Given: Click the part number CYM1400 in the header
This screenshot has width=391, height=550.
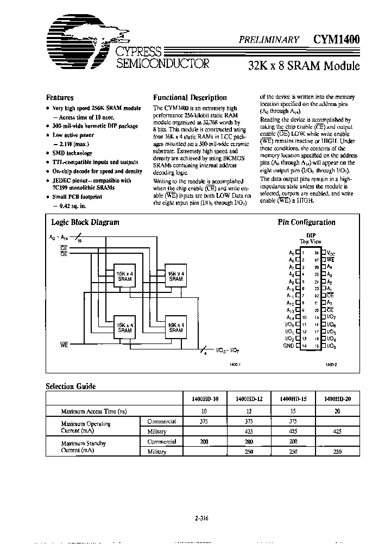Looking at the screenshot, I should pos(336,39).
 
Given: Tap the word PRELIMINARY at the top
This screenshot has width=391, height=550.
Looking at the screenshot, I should pos(269,40).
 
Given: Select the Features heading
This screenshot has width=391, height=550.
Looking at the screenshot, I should pos(60,98).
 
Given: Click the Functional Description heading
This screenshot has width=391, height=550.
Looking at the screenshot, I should pos(190,98).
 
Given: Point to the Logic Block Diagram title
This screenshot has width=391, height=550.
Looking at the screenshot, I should pos(85,222).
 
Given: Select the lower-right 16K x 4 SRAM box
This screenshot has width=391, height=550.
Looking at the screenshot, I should pos(176,327).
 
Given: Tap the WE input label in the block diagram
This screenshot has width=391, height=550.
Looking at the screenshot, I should pos(64,345).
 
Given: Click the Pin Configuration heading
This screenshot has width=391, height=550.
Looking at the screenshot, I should pos(306,222).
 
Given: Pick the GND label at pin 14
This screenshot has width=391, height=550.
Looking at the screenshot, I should pos(288,346).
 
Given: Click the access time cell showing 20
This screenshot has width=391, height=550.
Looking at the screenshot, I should pos(338,411).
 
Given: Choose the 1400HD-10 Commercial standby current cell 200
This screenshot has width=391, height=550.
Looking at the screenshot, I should pos(204,442).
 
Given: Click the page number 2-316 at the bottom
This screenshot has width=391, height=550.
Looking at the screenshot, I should pos(201,518).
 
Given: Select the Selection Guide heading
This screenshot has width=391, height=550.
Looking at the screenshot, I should pos(71,386).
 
